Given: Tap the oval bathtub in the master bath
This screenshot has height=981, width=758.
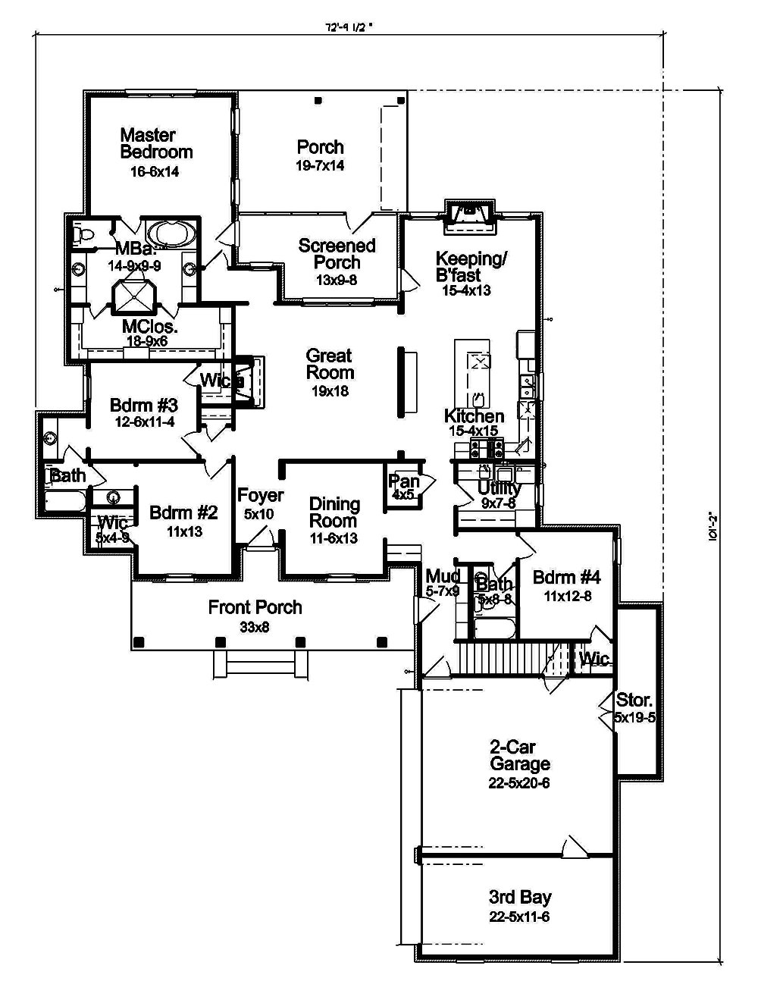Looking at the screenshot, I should [171, 232].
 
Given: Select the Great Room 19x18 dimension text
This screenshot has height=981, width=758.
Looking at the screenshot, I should [330, 391].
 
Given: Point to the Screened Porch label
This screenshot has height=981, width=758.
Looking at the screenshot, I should [337, 254].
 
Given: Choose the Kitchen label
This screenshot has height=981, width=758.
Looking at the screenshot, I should [474, 416].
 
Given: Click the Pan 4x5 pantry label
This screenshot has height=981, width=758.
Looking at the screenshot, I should [403, 481].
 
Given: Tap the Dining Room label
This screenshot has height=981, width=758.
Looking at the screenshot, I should [334, 512].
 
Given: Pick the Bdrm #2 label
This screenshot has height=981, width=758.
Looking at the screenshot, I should [183, 512].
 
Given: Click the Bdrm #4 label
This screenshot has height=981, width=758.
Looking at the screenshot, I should [567, 578].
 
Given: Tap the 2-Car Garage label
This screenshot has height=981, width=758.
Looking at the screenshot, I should [519, 756].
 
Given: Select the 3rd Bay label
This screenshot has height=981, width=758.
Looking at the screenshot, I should [520, 898].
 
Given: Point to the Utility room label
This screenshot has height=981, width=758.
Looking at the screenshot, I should [499, 488].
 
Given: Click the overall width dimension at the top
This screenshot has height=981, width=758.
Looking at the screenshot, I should [349, 29].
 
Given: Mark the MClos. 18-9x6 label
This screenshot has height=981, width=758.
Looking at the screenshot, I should [149, 328].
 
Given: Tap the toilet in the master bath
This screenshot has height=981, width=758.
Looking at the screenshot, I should [81, 234].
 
